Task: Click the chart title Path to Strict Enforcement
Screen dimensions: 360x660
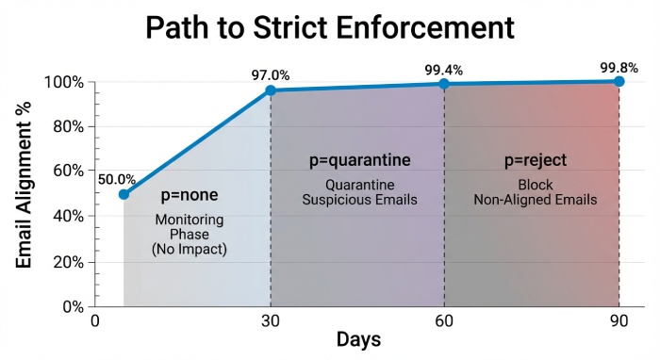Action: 330,27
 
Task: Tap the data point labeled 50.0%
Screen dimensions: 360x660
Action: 124,194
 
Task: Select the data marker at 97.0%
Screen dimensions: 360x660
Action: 271,90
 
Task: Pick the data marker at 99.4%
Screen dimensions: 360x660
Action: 444,84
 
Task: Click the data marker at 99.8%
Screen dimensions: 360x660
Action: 619,81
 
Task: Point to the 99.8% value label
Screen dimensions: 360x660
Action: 619,67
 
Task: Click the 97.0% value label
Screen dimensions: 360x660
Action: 271,75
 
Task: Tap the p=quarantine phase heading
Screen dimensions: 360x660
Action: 360,159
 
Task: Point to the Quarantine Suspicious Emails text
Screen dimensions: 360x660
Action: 360,192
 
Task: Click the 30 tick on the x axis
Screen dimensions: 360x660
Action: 271,320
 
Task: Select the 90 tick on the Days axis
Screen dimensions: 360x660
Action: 619,320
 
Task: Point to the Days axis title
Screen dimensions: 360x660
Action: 358,338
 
